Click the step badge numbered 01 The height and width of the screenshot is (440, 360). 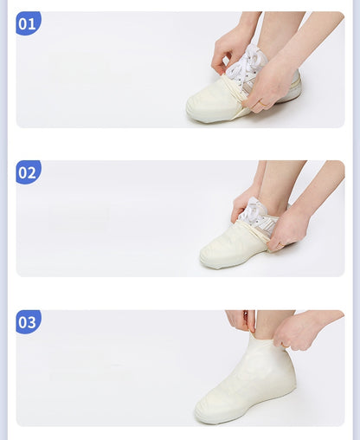[28, 23]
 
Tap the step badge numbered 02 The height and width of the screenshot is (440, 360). [28, 172]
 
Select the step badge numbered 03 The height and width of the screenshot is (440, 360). [28, 322]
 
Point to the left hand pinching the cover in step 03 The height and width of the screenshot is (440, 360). [240, 320]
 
